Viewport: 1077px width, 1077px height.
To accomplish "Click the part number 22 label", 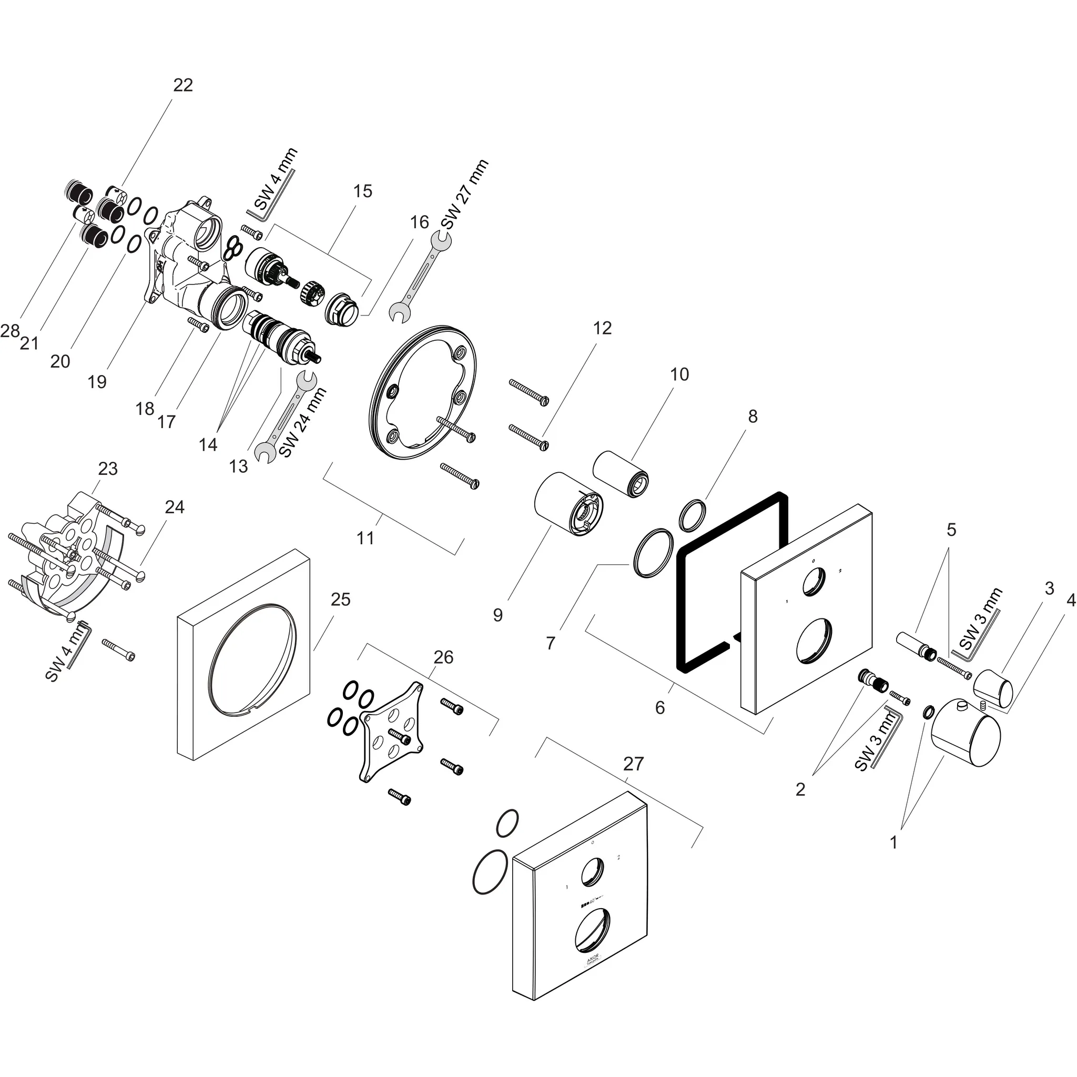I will [x=183, y=85].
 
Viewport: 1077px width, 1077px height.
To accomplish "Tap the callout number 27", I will [x=633, y=763].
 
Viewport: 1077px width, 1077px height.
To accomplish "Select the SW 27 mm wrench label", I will [x=464, y=194].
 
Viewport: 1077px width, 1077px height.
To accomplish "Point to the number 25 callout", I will [x=340, y=600].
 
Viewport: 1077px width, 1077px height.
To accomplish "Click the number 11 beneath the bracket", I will [x=365, y=538].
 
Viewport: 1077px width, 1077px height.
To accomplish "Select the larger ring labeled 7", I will [x=652, y=554].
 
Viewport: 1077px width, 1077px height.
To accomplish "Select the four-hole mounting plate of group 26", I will [x=392, y=731].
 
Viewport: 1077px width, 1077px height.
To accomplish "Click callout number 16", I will [x=419, y=222].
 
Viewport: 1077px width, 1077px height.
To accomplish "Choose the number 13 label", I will [x=238, y=466].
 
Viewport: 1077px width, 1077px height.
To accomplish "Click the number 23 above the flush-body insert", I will [x=108, y=468].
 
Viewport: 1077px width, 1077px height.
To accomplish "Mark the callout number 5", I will [x=951, y=530].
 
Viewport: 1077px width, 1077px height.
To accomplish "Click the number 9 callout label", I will [x=498, y=615].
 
